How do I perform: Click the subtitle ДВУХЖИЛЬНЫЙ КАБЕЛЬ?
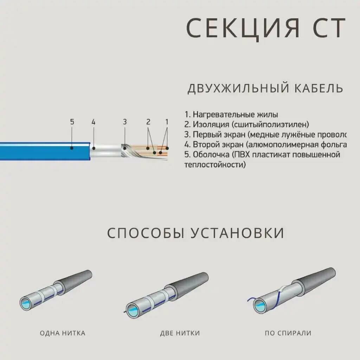pyautogui.click(x=265, y=88)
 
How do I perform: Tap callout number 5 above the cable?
pyautogui.click(x=72, y=122)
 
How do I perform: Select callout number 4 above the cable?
pyautogui.click(x=93, y=122)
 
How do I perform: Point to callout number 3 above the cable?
pyautogui.click(x=124, y=122)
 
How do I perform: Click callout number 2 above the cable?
pyautogui.click(x=148, y=122)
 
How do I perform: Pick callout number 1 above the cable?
pyautogui.click(x=167, y=122)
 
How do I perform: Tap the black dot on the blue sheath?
pyautogui.click(x=71, y=148)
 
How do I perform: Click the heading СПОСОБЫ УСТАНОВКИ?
pyautogui.click(x=195, y=233)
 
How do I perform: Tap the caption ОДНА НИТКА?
pyautogui.click(x=63, y=333)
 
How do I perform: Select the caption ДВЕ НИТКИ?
pyautogui.click(x=180, y=333)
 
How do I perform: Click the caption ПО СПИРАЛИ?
pyautogui.click(x=288, y=333)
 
